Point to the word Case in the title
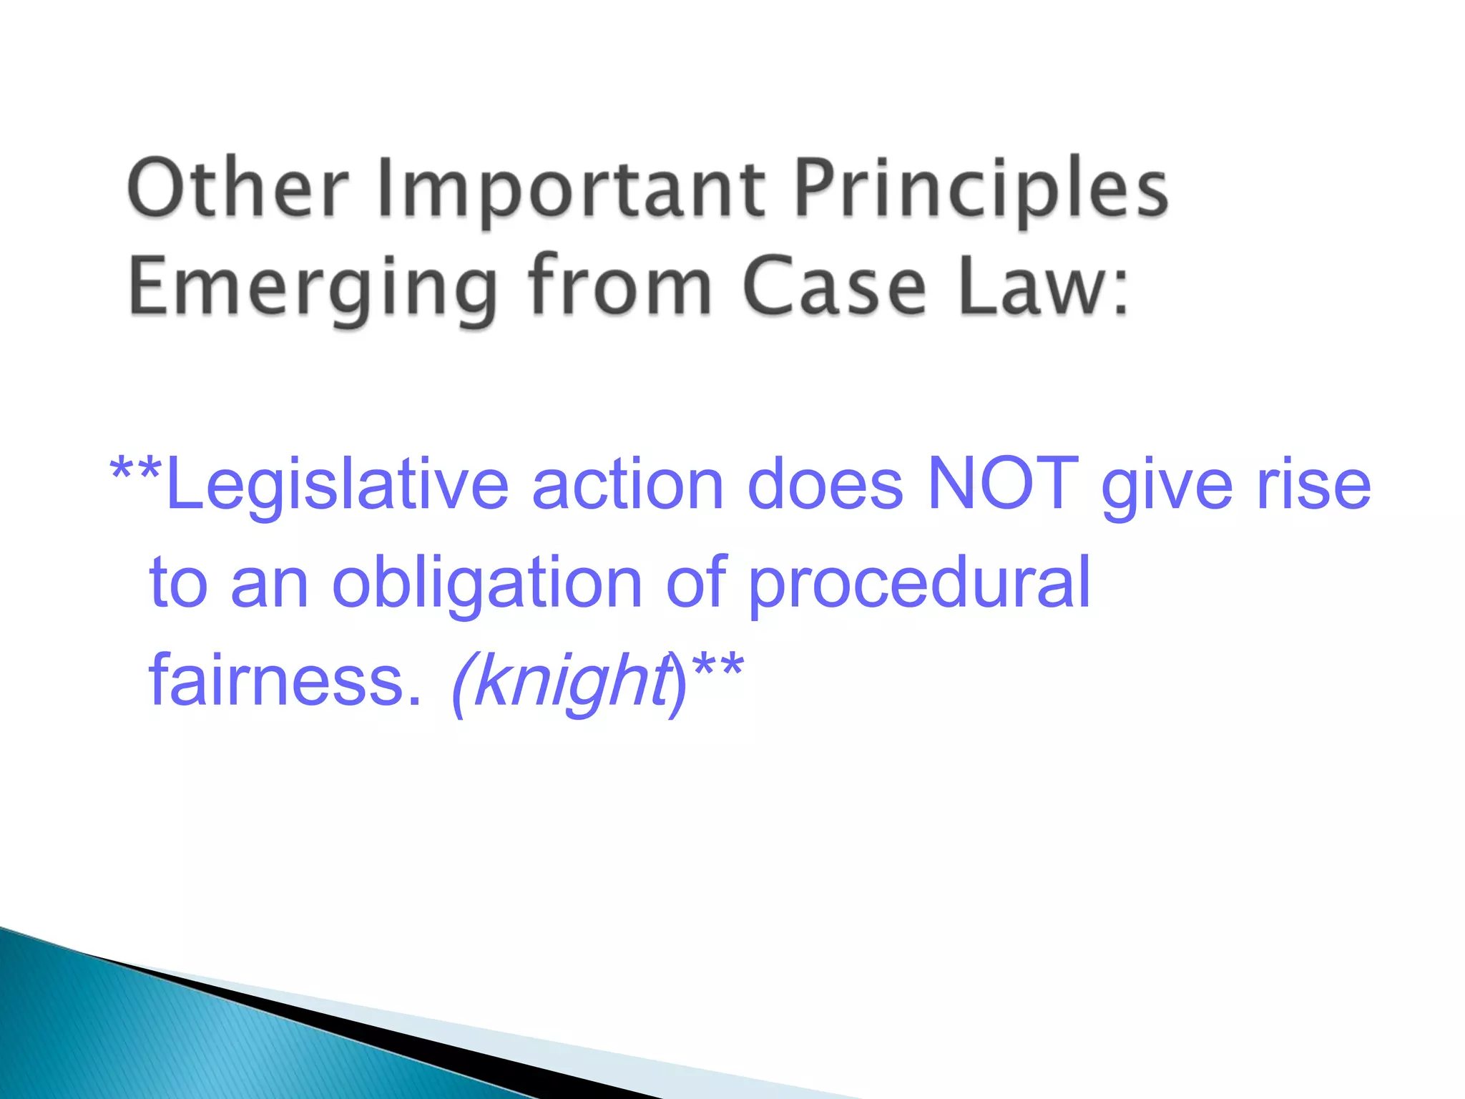pyautogui.click(x=834, y=286)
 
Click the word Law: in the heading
pyautogui.click(x=1044, y=286)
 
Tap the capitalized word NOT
pyautogui.click(x=1002, y=484)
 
